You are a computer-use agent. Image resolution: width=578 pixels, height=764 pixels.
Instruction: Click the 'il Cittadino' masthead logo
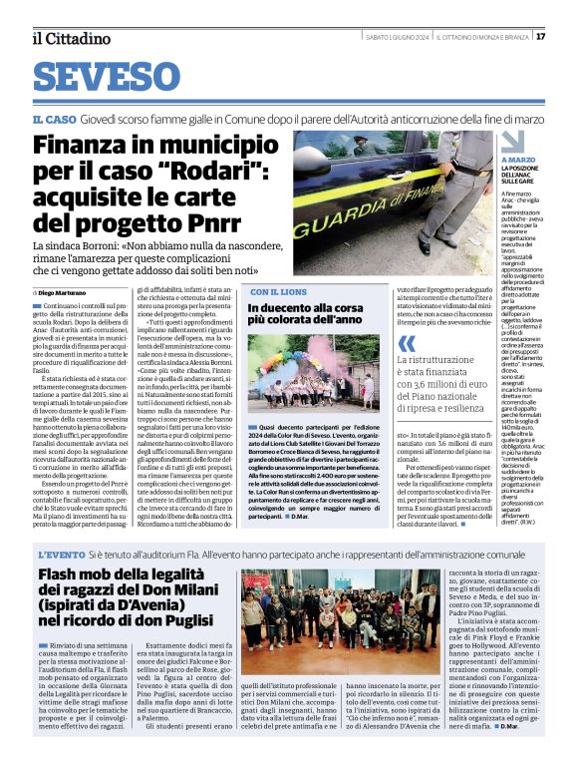[70, 38]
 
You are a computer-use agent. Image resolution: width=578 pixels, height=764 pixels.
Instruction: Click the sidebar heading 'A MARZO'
[518, 160]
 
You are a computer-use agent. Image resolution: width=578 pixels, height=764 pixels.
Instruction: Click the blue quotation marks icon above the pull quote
[405, 342]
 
